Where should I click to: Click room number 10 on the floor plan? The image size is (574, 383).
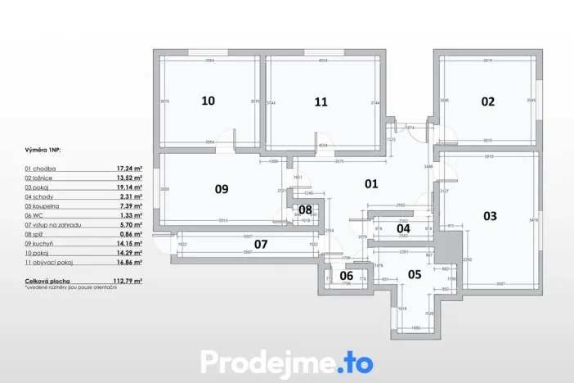(x=209, y=101)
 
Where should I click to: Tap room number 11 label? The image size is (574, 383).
(x=321, y=101)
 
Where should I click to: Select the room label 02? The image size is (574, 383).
(x=487, y=101)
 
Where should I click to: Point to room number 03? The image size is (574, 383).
(x=490, y=216)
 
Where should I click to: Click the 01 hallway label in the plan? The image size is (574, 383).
(x=371, y=183)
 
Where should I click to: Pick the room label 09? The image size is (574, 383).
(x=221, y=189)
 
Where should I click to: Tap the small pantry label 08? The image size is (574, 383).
(x=305, y=210)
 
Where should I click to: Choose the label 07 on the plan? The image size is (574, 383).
(x=261, y=244)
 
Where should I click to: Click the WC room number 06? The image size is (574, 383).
(x=346, y=276)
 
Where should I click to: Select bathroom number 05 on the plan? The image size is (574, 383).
(x=415, y=274)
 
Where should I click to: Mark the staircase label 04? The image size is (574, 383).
(x=403, y=228)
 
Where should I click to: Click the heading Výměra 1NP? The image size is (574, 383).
(x=43, y=151)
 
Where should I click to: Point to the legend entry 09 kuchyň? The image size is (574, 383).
(x=41, y=244)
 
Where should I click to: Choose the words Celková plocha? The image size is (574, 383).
(x=47, y=281)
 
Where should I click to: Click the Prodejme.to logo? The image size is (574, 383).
(x=287, y=362)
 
